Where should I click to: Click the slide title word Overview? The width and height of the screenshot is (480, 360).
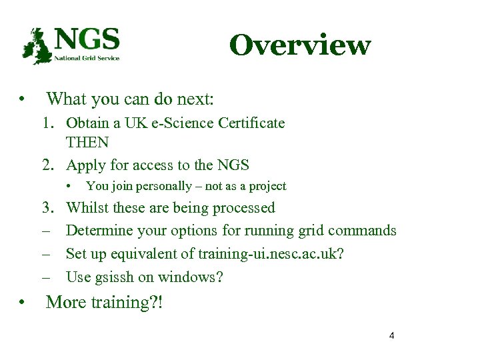coord(299,45)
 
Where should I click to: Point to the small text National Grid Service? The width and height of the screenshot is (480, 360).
coord(87,58)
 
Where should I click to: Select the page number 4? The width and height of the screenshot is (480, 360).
coord(391,335)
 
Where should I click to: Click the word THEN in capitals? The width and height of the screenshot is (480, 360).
coord(87,143)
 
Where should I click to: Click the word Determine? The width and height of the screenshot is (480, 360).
coord(99,231)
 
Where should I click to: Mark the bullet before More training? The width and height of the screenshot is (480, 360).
coord(23,302)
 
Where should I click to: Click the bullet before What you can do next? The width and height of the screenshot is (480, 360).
coord(23,100)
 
